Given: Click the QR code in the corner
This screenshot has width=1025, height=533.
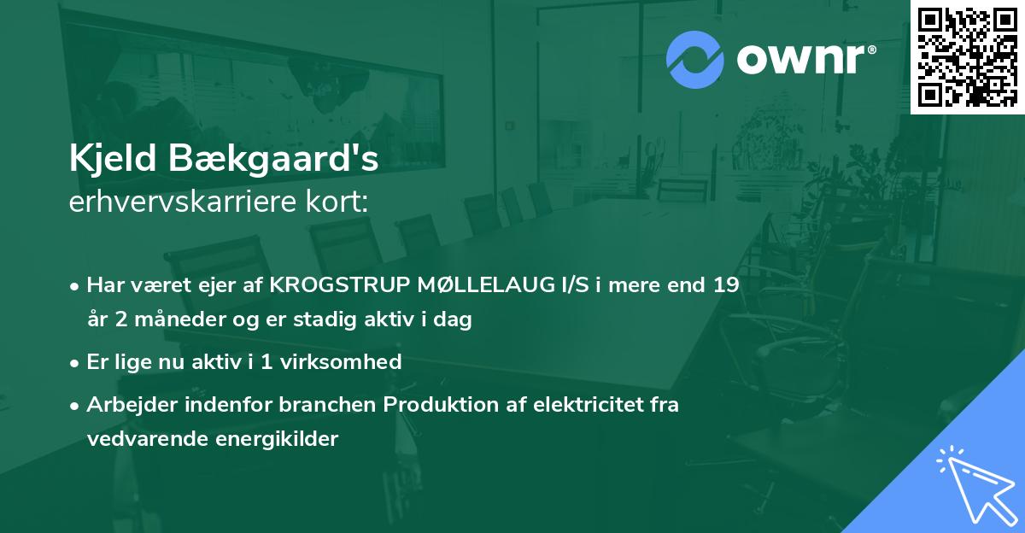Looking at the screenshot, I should [x=967, y=56].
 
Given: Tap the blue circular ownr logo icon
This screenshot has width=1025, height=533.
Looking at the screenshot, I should [x=695, y=60].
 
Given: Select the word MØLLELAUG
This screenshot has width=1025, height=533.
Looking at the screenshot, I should [x=478, y=286].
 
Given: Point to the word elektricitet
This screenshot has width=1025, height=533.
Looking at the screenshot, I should [x=582, y=405].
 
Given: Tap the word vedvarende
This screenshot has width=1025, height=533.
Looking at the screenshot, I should [x=140, y=439].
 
